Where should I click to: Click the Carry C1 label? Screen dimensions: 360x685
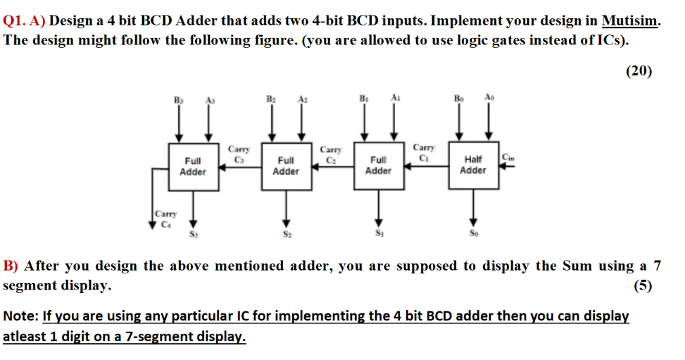423,152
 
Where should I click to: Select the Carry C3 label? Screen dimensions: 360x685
239,152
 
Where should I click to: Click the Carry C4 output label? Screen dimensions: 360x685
166,219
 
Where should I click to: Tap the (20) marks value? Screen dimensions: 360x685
639,70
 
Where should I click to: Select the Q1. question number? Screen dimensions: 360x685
15,22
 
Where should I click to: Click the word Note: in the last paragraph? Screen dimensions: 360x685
20,316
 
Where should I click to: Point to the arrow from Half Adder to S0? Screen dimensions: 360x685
473,206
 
